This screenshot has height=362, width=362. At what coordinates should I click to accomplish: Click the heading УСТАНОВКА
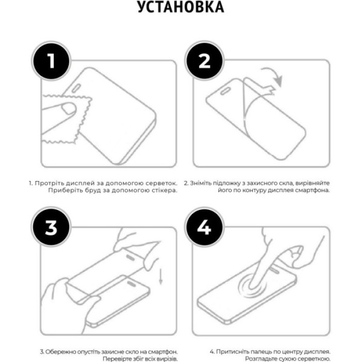(180, 8)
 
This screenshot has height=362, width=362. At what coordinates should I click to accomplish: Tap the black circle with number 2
(204, 62)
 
